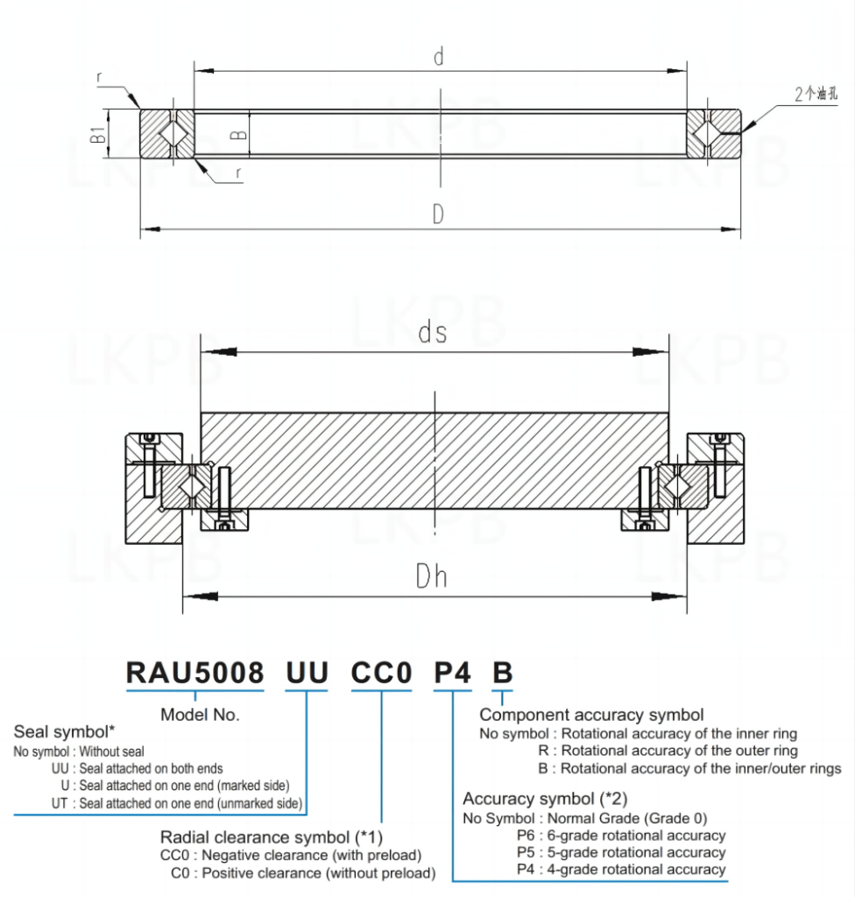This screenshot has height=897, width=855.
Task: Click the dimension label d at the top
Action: pos(439,58)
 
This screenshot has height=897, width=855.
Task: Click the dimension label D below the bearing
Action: pos(439,215)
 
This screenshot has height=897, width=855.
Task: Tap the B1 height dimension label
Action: pos(98,134)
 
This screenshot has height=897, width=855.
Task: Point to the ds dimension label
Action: pos(433,333)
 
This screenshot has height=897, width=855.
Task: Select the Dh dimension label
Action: pos(431,576)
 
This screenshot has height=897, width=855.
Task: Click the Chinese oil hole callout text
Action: pos(816,95)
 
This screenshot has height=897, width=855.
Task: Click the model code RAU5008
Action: pos(194,673)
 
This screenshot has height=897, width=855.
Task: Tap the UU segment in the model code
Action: pos(307,673)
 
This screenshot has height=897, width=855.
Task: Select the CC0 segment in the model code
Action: pos(381,673)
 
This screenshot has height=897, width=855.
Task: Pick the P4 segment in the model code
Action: pos(453,673)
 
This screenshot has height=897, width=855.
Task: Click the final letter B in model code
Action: pos(501,673)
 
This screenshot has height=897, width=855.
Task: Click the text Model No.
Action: pos(200,714)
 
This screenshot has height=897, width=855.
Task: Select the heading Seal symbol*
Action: pos(65,731)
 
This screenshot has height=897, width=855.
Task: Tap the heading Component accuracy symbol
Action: pos(591,715)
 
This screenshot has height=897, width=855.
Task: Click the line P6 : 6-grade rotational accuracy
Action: pos(621,835)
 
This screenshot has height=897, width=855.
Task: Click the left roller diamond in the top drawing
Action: pos(173,134)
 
